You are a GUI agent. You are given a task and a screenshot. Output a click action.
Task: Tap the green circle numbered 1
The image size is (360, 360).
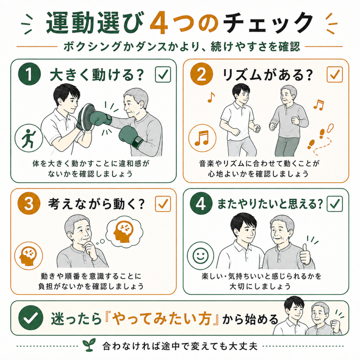pyautogui.click(x=30, y=74)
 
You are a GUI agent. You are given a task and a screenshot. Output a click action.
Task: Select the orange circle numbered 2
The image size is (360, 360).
pyautogui.click(x=201, y=74)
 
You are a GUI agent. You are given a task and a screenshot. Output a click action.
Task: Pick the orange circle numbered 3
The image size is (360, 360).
pyautogui.click(x=29, y=204)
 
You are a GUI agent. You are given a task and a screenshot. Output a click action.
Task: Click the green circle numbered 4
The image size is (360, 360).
pyautogui.click(x=201, y=204)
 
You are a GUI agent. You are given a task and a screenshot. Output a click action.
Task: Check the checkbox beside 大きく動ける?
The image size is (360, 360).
pyautogui.click(x=163, y=74)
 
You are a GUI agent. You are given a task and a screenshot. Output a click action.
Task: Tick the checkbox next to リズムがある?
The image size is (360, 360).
pyautogui.click(x=335, y=74)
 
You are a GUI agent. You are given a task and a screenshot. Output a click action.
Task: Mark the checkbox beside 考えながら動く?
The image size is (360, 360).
pyautogui.click(x=163, y=204)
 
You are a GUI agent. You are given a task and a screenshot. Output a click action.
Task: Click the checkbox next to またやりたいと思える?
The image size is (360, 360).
pyautogui.click(x=335, y=204)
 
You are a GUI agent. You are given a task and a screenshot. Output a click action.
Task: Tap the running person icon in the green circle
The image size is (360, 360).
pyautogui.click(x=28, y=138)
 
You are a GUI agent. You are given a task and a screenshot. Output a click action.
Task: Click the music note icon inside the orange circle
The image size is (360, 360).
pyautogui.click(x=202, y=138)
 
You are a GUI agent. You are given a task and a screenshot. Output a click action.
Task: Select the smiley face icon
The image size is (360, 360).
pyautogui.click(x=200, y=256)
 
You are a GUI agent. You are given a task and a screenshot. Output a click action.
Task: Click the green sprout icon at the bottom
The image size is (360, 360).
pyautogui.click(x=89, y=345)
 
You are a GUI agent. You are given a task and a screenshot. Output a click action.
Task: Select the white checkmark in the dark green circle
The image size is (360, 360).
pyautogui.click(x=31, y=318)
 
